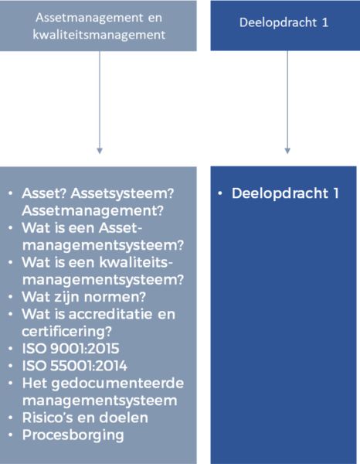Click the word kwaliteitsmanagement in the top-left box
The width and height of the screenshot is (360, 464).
99,36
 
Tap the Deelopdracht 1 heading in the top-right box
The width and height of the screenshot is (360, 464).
284,22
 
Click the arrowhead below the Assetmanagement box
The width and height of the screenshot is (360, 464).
100,151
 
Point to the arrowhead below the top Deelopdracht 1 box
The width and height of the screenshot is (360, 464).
287,151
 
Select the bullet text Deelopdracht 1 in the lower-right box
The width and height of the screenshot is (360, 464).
285,193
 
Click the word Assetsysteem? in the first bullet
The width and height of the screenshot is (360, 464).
122,194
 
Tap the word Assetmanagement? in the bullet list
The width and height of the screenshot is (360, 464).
93,211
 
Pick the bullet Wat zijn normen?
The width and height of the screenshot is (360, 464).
84,297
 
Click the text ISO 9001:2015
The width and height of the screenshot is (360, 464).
70,349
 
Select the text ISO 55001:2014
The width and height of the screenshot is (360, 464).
75,366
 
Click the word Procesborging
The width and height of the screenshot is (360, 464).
73,435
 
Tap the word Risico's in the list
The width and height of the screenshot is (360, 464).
48,418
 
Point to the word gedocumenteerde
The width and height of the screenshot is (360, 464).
117,384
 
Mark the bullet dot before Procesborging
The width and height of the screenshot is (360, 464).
11,435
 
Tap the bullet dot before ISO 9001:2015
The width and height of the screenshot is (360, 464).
11,348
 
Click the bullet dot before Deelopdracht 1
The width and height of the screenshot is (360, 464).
220,193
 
